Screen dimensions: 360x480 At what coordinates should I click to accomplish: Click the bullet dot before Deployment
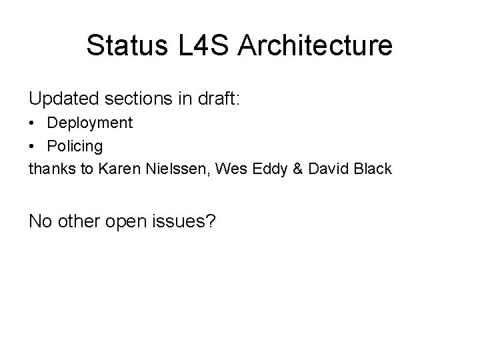(x=33, y=123)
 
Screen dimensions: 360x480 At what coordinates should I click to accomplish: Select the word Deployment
(x=90, y=123)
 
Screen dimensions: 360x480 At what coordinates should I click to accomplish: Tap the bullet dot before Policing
(x=33, y=146)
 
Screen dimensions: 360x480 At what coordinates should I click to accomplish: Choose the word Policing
(x=75, y=146)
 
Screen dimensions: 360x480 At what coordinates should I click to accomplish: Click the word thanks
(x=50, y=169)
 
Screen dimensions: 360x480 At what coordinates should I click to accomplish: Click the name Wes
(x=220, y=169)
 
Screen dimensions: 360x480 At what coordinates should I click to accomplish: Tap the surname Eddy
(x=254, y=169)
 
